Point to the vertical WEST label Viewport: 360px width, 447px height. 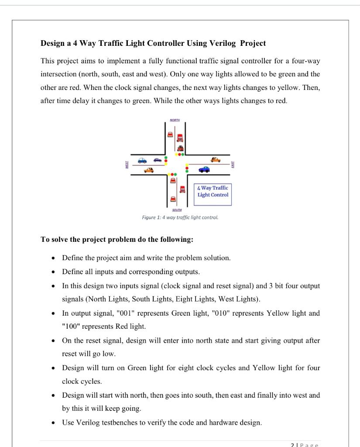127,165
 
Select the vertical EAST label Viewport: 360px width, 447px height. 233,165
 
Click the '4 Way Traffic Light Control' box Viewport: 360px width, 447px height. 213,191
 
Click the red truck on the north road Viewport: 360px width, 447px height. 179,138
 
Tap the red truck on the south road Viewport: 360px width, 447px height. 183,189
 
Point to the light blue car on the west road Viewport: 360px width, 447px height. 142,160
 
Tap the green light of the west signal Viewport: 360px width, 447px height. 165,157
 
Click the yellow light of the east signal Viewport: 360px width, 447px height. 187,168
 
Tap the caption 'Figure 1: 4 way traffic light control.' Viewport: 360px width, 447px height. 180,217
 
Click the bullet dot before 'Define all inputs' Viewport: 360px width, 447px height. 53,272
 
